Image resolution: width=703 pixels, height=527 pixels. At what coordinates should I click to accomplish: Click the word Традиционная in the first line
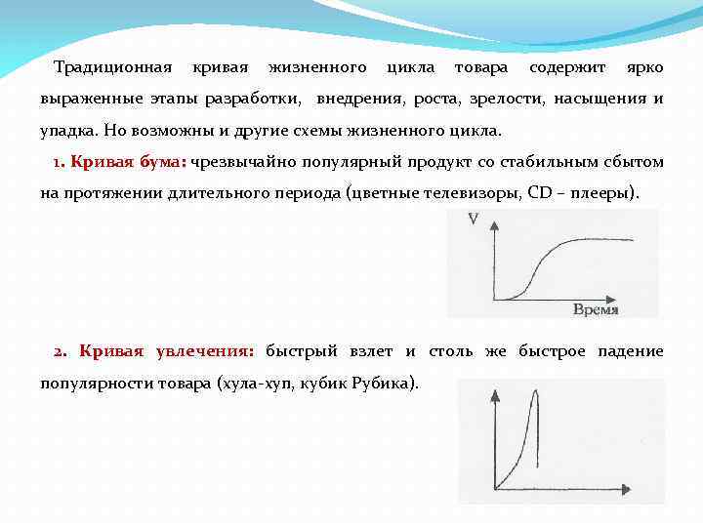pos(112,67)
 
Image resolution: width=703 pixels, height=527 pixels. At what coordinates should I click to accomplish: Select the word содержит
pos(566,67)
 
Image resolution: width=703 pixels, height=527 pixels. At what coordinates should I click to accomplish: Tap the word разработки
pos(254,99)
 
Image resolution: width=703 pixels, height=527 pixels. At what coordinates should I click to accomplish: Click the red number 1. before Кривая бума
pos(58,161)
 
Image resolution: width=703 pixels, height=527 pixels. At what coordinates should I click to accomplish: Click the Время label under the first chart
pos(595,309)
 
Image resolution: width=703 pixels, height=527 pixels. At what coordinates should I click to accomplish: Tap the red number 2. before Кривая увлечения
pos(60,350)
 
